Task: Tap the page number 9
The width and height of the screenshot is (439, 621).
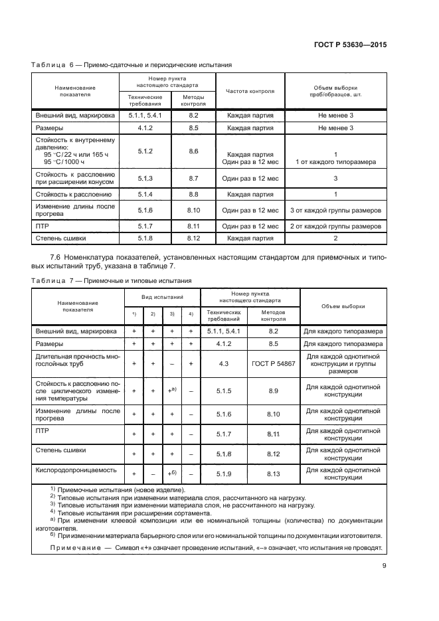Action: click(x=385, y=567)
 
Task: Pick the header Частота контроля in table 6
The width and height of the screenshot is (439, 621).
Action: click(x=250, y=91)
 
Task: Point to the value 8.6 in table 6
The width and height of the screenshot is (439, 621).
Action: click(x=194, y=151)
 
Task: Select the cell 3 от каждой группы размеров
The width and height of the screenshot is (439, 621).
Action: click(x=335, y=211)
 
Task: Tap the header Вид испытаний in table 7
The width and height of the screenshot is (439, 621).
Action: click(x=162, y=299)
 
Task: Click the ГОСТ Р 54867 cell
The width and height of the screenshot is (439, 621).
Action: click(x=274, y=363)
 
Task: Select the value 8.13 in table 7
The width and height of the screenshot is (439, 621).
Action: click(x=274, y=474)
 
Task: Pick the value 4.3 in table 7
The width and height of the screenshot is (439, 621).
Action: click(x=224, y=363)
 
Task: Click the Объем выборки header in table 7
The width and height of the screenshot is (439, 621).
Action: click(x=343, y=306)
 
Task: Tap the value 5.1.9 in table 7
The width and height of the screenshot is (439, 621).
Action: click(x=224, y=474)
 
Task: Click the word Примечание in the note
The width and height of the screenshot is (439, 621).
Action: click(x=77, y=547)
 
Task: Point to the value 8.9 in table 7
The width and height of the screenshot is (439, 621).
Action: click(x=274, y=391)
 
